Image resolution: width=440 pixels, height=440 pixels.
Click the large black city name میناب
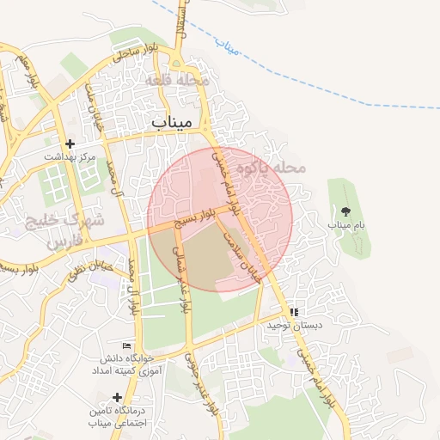click(x=177, y=122)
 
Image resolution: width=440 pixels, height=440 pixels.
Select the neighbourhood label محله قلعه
click(x=178, y=80)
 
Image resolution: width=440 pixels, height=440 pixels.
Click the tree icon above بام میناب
click(x=345, y=211)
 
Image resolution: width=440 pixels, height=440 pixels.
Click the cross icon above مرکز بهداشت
click(x=70, y=144)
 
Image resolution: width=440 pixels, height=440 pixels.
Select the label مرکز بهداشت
click(x=70, y=157)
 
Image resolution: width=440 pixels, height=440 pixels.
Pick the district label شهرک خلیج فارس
click(x=65, y=230)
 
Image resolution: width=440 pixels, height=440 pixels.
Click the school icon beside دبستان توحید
click(x=295, y=313)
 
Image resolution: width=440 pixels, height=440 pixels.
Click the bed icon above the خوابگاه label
click(x=127, y=345)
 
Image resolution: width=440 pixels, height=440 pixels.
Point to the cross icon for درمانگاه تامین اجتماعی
click(x=117, y=397)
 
